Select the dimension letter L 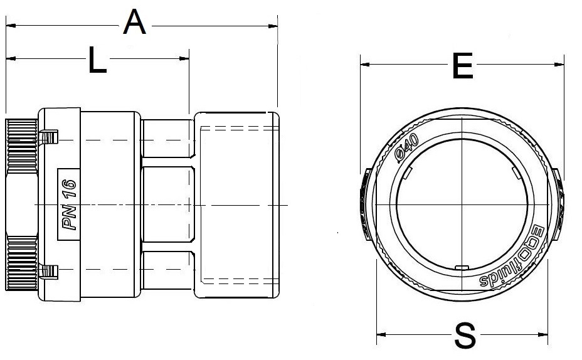(97, 61)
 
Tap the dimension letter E (462, 66)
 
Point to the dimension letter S (465, 336)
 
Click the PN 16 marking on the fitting (69, 204)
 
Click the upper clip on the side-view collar (48, 137)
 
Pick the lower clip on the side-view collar (48, 271)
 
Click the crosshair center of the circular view (462, 206)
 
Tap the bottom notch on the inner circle (462, 268)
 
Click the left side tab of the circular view (366, 206)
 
